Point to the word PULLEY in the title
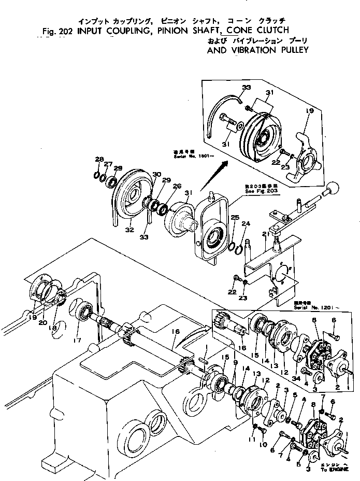[293, 50]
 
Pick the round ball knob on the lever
[332, 187]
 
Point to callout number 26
[177, 187]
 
